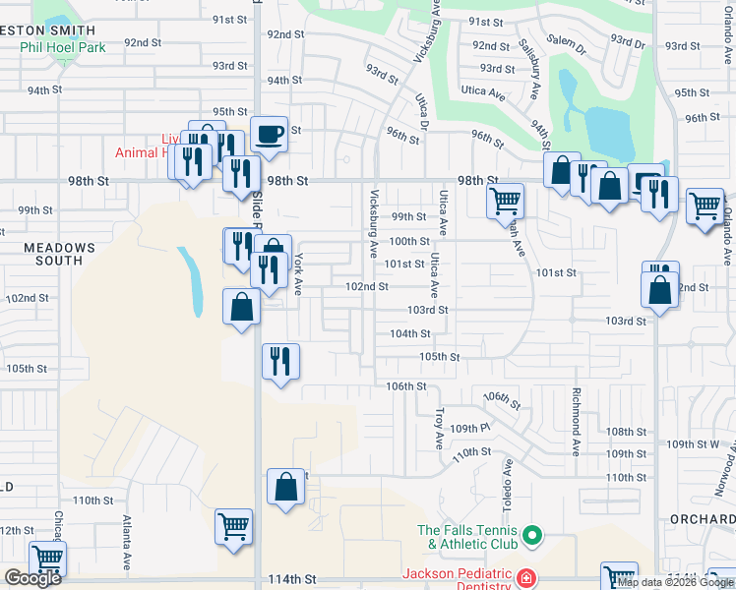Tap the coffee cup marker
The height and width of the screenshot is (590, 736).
tap(269, 134)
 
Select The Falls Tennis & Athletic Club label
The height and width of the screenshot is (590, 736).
tap(467, 537)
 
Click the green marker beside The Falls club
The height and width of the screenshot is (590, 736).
tap(532, 536)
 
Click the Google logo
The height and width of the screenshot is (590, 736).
tap(32, 578)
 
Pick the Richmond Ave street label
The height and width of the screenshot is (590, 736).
tap(577, 421)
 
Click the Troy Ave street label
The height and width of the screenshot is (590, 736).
tap(440, 430)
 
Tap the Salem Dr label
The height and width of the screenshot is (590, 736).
tap(567, 40)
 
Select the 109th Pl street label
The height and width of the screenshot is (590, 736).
tap(470, 429)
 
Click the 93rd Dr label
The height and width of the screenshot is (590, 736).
tap(626, 42)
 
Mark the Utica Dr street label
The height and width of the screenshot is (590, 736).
tap(423, 112)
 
